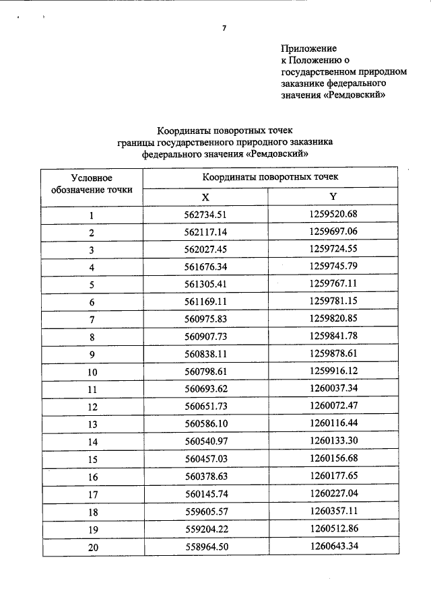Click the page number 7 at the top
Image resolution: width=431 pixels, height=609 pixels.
pos(224,28)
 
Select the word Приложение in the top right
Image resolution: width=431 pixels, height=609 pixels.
pos(308,49)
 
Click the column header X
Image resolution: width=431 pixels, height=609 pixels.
pos(207,196)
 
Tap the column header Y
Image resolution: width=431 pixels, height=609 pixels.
pos(333,196)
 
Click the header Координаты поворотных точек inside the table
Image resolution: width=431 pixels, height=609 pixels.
pos(270,176)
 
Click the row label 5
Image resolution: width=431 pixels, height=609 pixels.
pos(92,285)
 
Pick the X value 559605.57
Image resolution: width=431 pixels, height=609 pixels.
pos(207,512)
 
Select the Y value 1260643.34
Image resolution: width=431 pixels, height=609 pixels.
pos(333,547)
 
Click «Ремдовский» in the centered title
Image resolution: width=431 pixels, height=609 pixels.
pos(277,153)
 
